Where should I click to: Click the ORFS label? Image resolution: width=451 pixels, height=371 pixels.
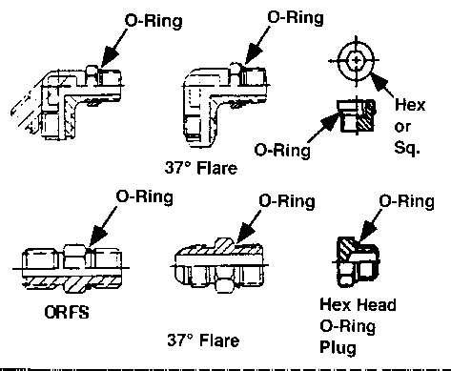67,312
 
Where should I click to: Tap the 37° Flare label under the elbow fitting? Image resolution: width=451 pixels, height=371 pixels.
201,168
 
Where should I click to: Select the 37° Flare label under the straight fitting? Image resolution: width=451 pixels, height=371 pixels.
203,340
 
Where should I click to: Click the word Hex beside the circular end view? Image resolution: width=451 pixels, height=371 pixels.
410,105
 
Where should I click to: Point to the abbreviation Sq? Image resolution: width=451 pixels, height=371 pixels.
407,147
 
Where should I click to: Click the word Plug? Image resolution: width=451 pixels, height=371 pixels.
338,347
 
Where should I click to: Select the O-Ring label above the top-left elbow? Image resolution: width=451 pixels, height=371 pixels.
154,21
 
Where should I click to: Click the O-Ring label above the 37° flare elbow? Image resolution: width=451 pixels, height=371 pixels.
296,17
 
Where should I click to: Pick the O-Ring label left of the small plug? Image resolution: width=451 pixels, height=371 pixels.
282,150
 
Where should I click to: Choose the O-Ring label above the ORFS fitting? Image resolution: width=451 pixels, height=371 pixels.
145,196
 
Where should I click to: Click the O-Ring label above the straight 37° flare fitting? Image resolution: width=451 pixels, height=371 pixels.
287,201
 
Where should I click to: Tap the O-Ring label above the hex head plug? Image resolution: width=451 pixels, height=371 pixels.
407,201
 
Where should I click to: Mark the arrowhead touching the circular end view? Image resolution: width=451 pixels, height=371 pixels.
379,81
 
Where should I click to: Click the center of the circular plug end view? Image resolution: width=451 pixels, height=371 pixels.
356,60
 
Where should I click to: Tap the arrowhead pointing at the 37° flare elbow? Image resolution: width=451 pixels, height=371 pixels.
255,54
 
